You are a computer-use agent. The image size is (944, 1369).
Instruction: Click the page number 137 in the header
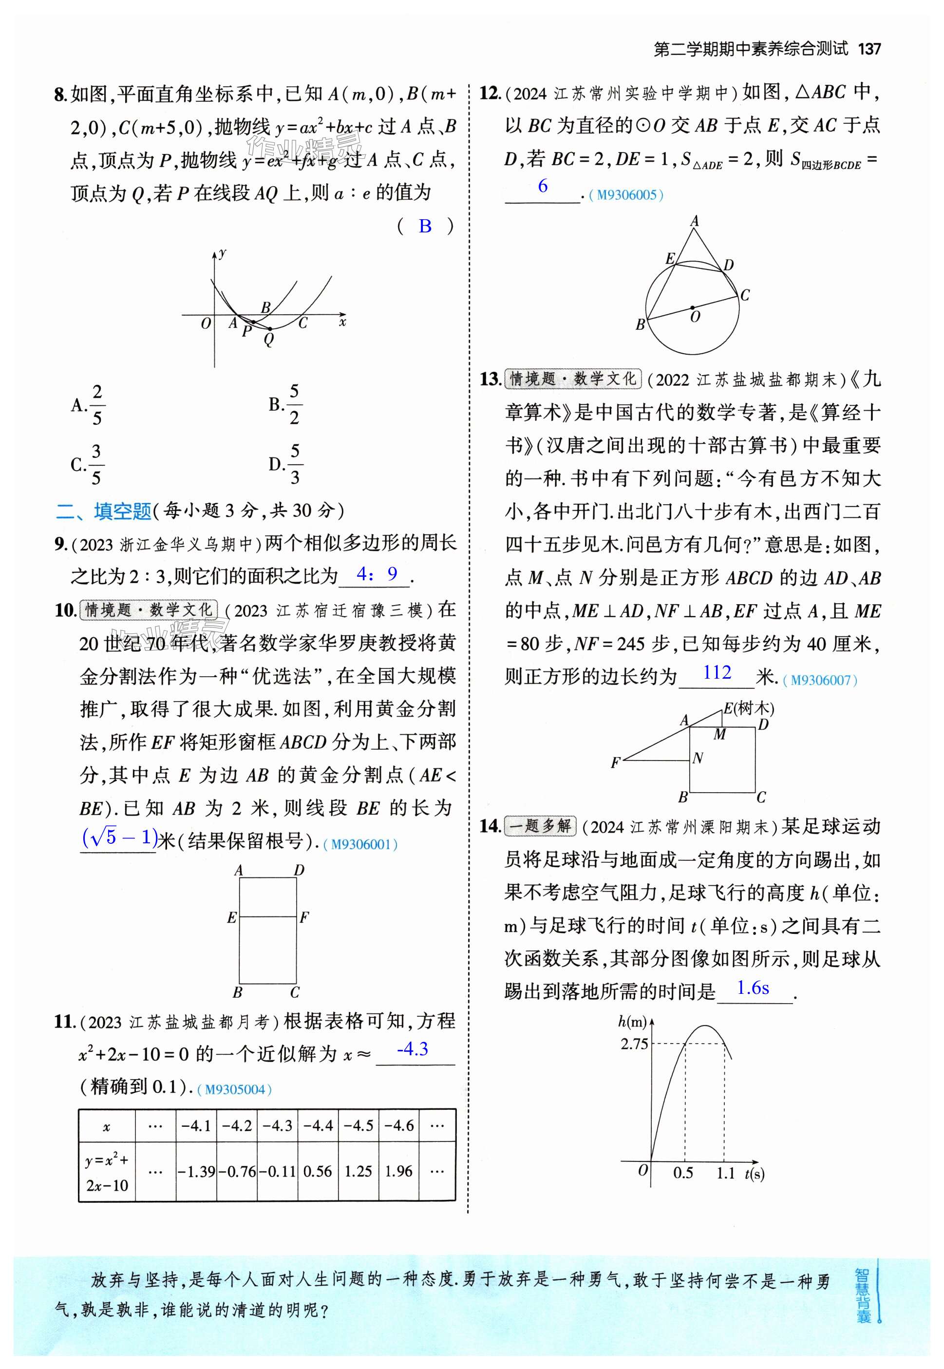tap(869, 49)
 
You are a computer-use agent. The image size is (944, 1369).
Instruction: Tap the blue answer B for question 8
tap(425, 226)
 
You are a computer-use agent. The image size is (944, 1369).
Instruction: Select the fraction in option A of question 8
tap(97, 405)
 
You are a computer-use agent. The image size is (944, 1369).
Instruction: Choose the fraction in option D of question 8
tap(295, 464)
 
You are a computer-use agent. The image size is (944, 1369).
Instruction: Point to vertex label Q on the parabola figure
tap(269, 339)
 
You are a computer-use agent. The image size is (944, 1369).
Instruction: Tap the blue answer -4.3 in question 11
tap(412, 1049)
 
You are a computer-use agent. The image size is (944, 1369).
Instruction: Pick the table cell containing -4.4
tap(318, 1125)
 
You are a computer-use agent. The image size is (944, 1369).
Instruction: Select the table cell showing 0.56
tap(318, 1171)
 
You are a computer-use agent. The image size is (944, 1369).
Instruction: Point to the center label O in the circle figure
tap(695, 317)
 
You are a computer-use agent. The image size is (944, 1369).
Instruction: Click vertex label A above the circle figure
tap(695, 221)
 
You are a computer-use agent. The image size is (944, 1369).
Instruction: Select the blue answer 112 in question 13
tap(717, 672)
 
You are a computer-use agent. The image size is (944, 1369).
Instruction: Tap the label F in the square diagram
tap(615, 762)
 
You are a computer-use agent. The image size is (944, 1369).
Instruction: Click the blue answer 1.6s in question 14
tap(753, 988)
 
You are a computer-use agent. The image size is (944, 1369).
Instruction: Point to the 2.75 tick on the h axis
tap(635, 1044)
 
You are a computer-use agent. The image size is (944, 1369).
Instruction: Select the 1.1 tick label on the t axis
tap(725, 1173)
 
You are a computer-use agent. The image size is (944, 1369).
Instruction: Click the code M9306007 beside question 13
tap(820, 680)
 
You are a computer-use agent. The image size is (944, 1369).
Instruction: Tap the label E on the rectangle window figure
tap(232, 917)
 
